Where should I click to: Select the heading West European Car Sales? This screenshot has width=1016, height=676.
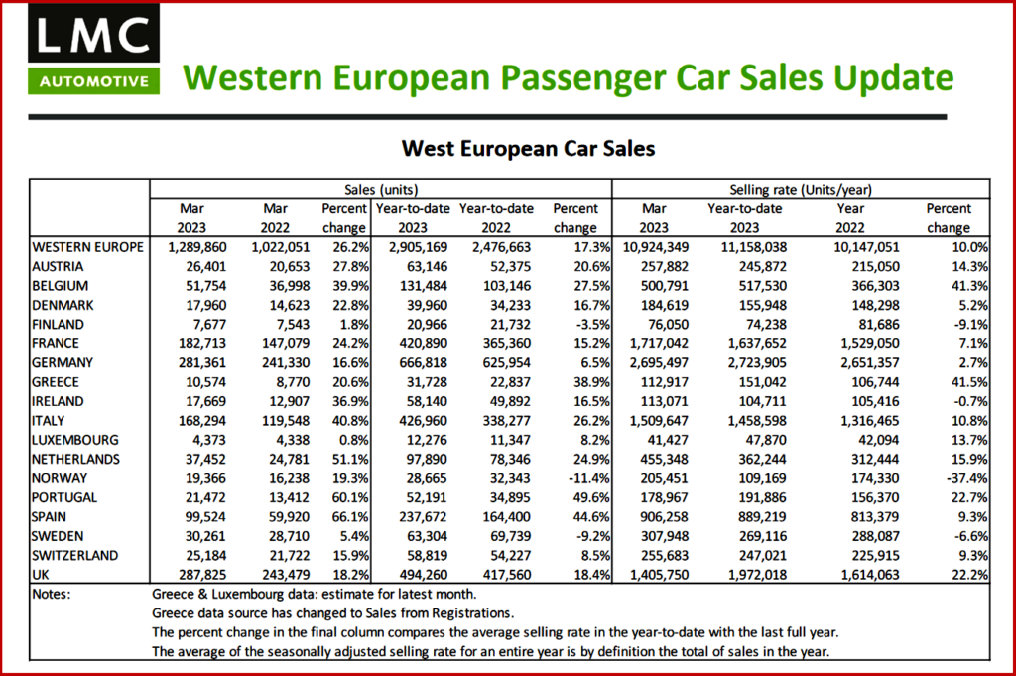click(x=528, y=148)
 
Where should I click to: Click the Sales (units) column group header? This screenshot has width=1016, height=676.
click(x=380, y=189)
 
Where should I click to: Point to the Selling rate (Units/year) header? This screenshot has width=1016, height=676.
click(x=802, y=189)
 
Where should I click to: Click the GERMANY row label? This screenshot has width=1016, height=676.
click(x=65, y=362)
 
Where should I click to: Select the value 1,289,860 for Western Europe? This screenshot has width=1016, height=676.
click(x=191, y=246)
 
